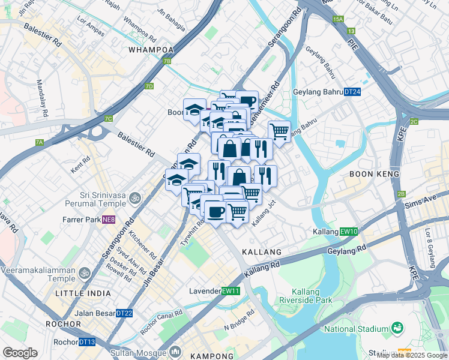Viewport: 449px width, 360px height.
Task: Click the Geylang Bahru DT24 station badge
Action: [352, 92]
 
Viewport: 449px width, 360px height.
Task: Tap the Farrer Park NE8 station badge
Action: [109, 220]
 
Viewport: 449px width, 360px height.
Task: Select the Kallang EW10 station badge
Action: [349, 232]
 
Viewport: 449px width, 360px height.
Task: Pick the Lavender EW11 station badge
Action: [231, 291]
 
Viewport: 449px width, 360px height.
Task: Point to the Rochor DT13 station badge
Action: [87, 342]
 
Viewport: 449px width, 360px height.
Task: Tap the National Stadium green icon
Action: [396, 328]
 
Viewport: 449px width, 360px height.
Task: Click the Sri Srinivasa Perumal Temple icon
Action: [136, 197]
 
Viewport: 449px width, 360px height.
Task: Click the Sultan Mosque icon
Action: [176, 350]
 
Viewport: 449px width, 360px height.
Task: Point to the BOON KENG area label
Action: [371, 173]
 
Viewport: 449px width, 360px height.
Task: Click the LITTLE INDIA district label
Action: [83, 293]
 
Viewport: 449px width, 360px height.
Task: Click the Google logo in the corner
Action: [20, 353]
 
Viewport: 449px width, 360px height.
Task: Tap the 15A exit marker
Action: [338, 20]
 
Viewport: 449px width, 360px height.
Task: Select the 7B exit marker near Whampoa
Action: [167, 61]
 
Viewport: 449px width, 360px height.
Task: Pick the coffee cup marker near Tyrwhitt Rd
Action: [216, 211]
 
